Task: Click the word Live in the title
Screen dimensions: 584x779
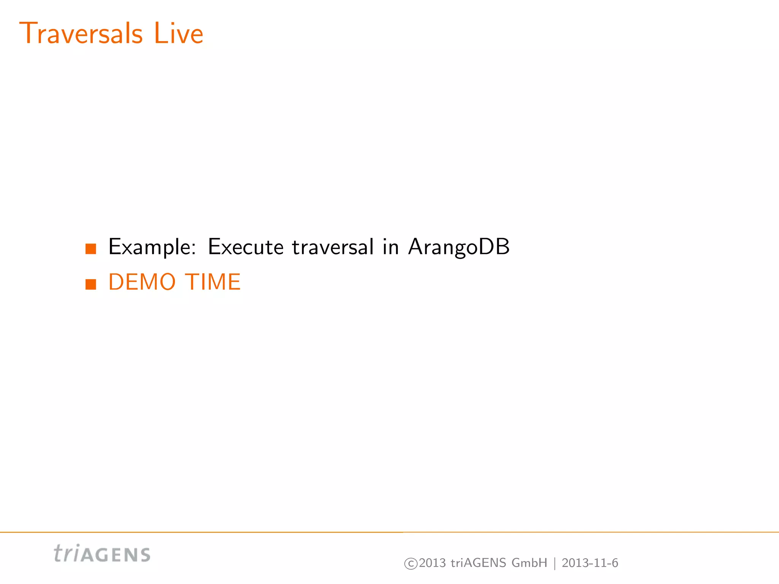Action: click(178, 33)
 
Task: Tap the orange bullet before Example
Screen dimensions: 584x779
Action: click(91, 249)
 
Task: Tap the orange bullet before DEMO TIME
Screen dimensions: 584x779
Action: click(91, 284)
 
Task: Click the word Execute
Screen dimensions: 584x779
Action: click(246, 247)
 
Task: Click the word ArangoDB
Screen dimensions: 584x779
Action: click(459, 247)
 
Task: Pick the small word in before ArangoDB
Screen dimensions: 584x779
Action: click(391, 247)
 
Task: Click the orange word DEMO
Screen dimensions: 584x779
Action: click(142, 282)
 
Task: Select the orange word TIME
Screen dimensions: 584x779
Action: click(213, 282)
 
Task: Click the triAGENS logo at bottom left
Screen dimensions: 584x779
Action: click(102, 554)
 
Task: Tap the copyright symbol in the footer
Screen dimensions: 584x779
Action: click(411, 563)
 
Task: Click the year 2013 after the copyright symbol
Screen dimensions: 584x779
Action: click(432, 563)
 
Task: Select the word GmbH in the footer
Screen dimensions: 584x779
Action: click(529, 563)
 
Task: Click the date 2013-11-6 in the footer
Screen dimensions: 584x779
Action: click(590, 563)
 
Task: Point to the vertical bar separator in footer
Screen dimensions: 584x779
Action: click(555, 563)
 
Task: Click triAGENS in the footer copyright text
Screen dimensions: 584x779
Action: click(479, 563)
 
